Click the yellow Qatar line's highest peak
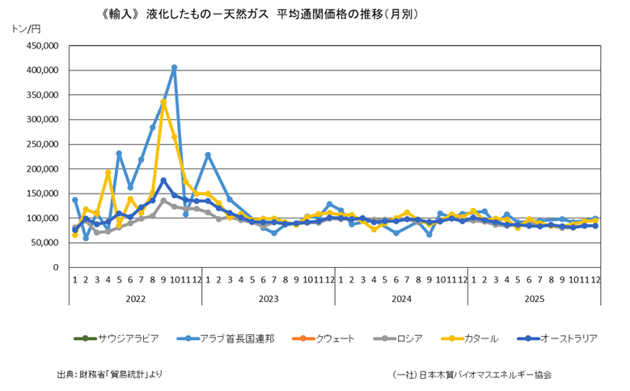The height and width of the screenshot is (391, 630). click(x=163, y=102)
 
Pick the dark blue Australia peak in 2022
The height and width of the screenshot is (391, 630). click(x=163, y=181)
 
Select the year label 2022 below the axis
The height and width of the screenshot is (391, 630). click(x=136, y=299)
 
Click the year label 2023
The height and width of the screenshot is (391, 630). click(x=268, y=299)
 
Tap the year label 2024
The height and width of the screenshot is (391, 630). click(x=401, y=299)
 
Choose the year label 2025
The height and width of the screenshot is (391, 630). click(x=534, y=299)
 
